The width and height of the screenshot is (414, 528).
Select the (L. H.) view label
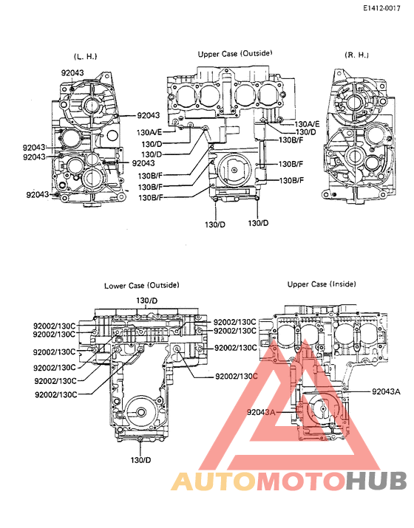[x=85, y=56]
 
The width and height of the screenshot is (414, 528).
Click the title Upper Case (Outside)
[x=235, y=54]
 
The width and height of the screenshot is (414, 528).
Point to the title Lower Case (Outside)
[x=141, y=285]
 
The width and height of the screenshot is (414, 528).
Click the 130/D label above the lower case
[x=146, y=301]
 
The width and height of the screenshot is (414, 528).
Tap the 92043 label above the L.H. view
[x=74, y=72]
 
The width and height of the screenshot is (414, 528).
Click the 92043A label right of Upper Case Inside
[x=385, y=391]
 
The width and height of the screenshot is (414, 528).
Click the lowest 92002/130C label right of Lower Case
[x=236, y=376]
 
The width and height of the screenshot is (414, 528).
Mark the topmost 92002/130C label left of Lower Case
[x=55, y=324]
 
